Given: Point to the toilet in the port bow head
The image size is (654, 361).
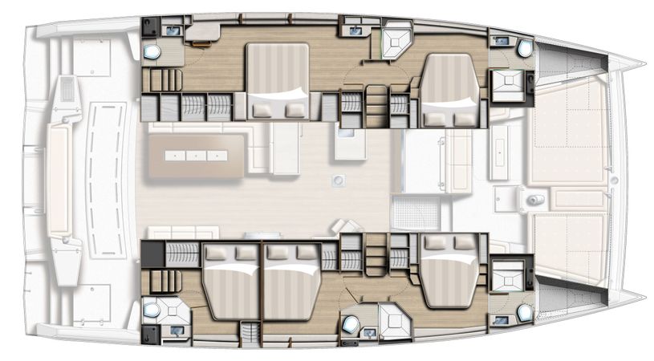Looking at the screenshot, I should (x=525, y=49).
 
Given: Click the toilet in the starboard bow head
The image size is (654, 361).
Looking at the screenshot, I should (x=525, y=312).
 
